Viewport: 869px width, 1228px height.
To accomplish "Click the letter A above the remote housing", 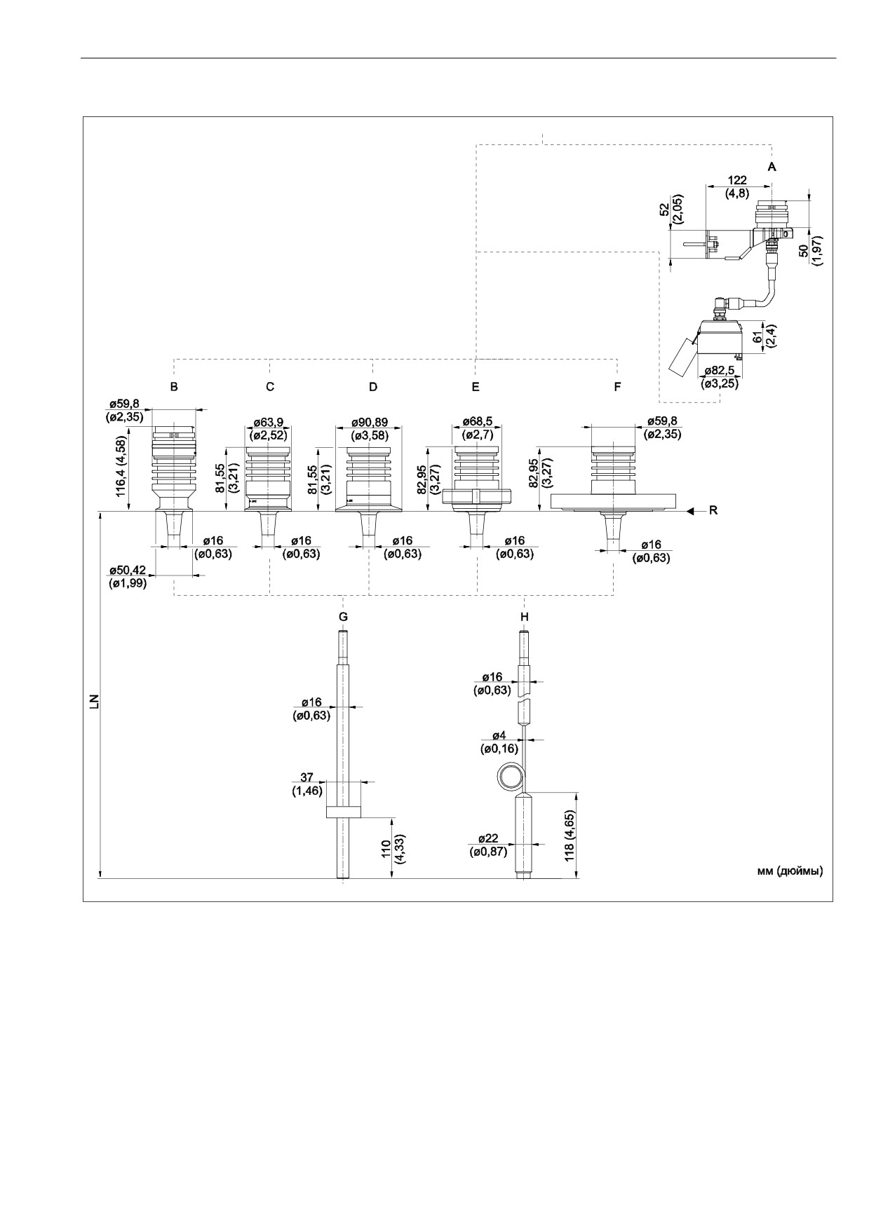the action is [772, 168].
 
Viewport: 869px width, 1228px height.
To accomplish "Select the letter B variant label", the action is [174, 387].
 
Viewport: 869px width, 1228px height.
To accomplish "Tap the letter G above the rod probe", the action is [343, 617].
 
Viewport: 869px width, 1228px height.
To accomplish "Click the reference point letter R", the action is [713, 511].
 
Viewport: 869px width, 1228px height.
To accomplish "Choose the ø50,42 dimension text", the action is [128, 570].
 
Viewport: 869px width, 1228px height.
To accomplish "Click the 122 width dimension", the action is [737, 180].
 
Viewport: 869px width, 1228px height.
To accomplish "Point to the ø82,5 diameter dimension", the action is [719, 372].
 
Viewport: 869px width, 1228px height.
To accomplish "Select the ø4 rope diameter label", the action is [499, 736].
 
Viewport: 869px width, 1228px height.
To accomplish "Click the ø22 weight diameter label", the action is [488, 839].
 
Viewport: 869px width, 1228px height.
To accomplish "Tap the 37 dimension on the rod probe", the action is [307, 778].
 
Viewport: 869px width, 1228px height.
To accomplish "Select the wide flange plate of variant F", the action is [614, 500].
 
